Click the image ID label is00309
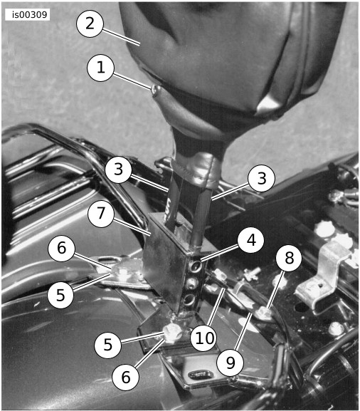tap(28, 15)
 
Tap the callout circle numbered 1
tap(101, 68)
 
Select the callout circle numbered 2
tap(90, 24)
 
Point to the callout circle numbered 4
tap(251, 239)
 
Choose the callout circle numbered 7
tap(101, 214)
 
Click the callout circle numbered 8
tap(289, 258)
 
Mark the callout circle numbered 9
tap(231, 363)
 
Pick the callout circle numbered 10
tap(204, 338)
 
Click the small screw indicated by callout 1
tap(156, 90)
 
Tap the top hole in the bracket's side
tap(196, 266)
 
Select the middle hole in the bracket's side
tap(193, 283)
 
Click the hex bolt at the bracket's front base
tap(173, 333)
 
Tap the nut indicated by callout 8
tap(265, 313)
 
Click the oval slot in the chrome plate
tap(201, 375)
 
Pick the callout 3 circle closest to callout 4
tap(262, 179)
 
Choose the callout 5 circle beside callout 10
tap(107, 345)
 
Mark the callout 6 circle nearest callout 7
tap(61, 248)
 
